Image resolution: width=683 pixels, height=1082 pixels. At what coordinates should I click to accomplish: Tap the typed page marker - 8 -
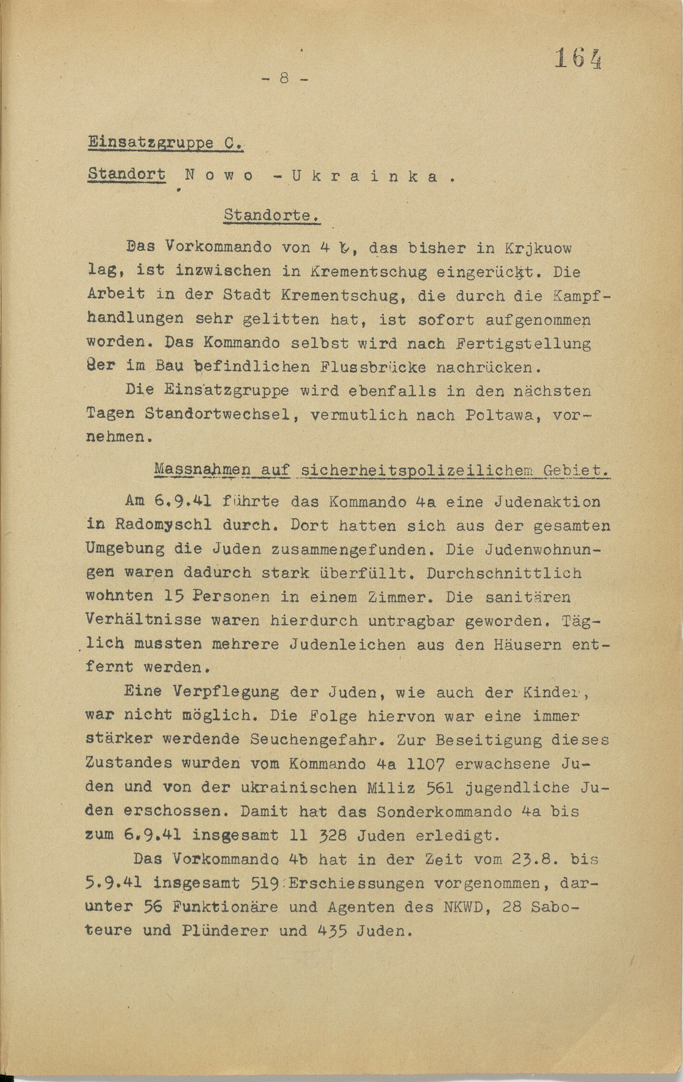click(x=285, y=79)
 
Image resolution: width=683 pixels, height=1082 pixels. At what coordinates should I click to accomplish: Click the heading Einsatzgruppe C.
click(x=166, y=142)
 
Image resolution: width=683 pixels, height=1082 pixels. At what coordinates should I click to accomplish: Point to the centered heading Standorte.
click(x=270, y=216)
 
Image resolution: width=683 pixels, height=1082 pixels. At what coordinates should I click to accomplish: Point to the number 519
click(x=264, y=883)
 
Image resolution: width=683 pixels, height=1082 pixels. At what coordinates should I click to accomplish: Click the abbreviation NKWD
click(x=464, y=907)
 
